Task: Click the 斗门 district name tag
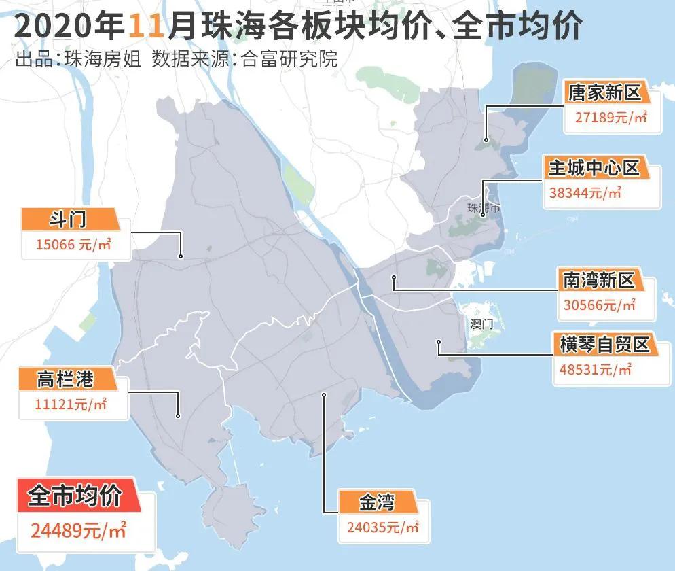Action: (69, 220)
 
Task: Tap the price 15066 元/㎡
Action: (67, 245)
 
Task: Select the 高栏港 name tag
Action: (65, 379)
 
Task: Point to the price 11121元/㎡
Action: (71, 404)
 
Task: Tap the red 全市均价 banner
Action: (75, 496)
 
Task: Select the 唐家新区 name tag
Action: (604, 92)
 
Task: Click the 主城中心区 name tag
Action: (595, 167)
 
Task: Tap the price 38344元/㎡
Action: (585, 193)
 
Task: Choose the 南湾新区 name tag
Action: (598, 279)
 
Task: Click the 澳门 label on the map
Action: (481, 324)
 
